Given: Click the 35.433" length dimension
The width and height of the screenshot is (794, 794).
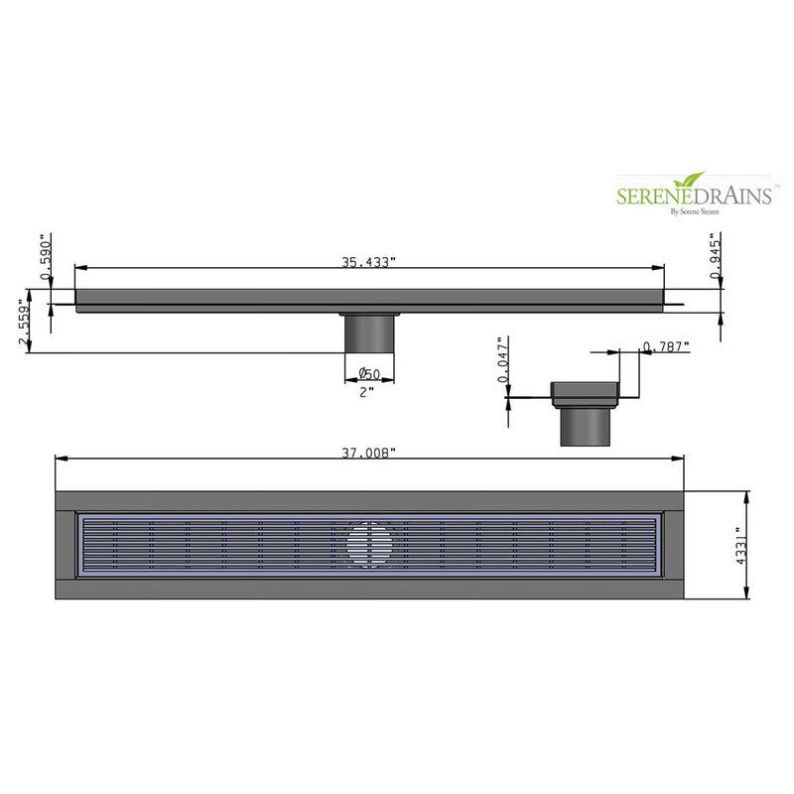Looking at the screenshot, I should pyautogui.click(x=369, y=263).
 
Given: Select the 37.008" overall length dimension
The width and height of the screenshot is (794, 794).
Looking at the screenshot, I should pyautogui.click(x=369, y=453).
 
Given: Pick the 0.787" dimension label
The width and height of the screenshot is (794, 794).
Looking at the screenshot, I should pyautogui.click(x=666, y=345).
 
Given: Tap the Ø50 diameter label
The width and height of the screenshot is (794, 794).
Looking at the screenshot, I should pyautogui.click(x=369, y=374).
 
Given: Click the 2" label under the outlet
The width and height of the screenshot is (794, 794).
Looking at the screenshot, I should pyautogui.click(x=367, y=392).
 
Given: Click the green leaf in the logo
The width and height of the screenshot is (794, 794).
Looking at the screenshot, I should pyautogui.click(x=688, y=180).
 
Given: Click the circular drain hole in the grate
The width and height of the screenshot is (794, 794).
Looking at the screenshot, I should pyautogui.click(x=368, y=544).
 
